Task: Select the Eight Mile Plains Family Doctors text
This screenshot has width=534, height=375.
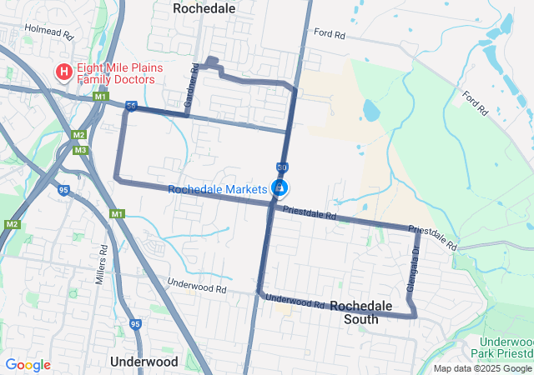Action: (116, 73)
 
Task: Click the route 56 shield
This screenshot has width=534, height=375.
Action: (131, 106)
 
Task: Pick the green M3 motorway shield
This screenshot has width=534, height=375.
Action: (80, 150)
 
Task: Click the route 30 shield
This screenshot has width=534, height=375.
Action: (283, 167)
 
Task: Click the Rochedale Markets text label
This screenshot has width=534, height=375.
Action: (217, 189)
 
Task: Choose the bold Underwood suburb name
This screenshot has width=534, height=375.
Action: (144, 362)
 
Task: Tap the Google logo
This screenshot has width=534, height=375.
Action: (28, 365)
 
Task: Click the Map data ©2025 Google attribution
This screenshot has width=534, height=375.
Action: (482, 368)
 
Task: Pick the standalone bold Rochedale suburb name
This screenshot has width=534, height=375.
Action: (204, 7)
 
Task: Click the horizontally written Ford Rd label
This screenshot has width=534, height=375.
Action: (330, 34)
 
